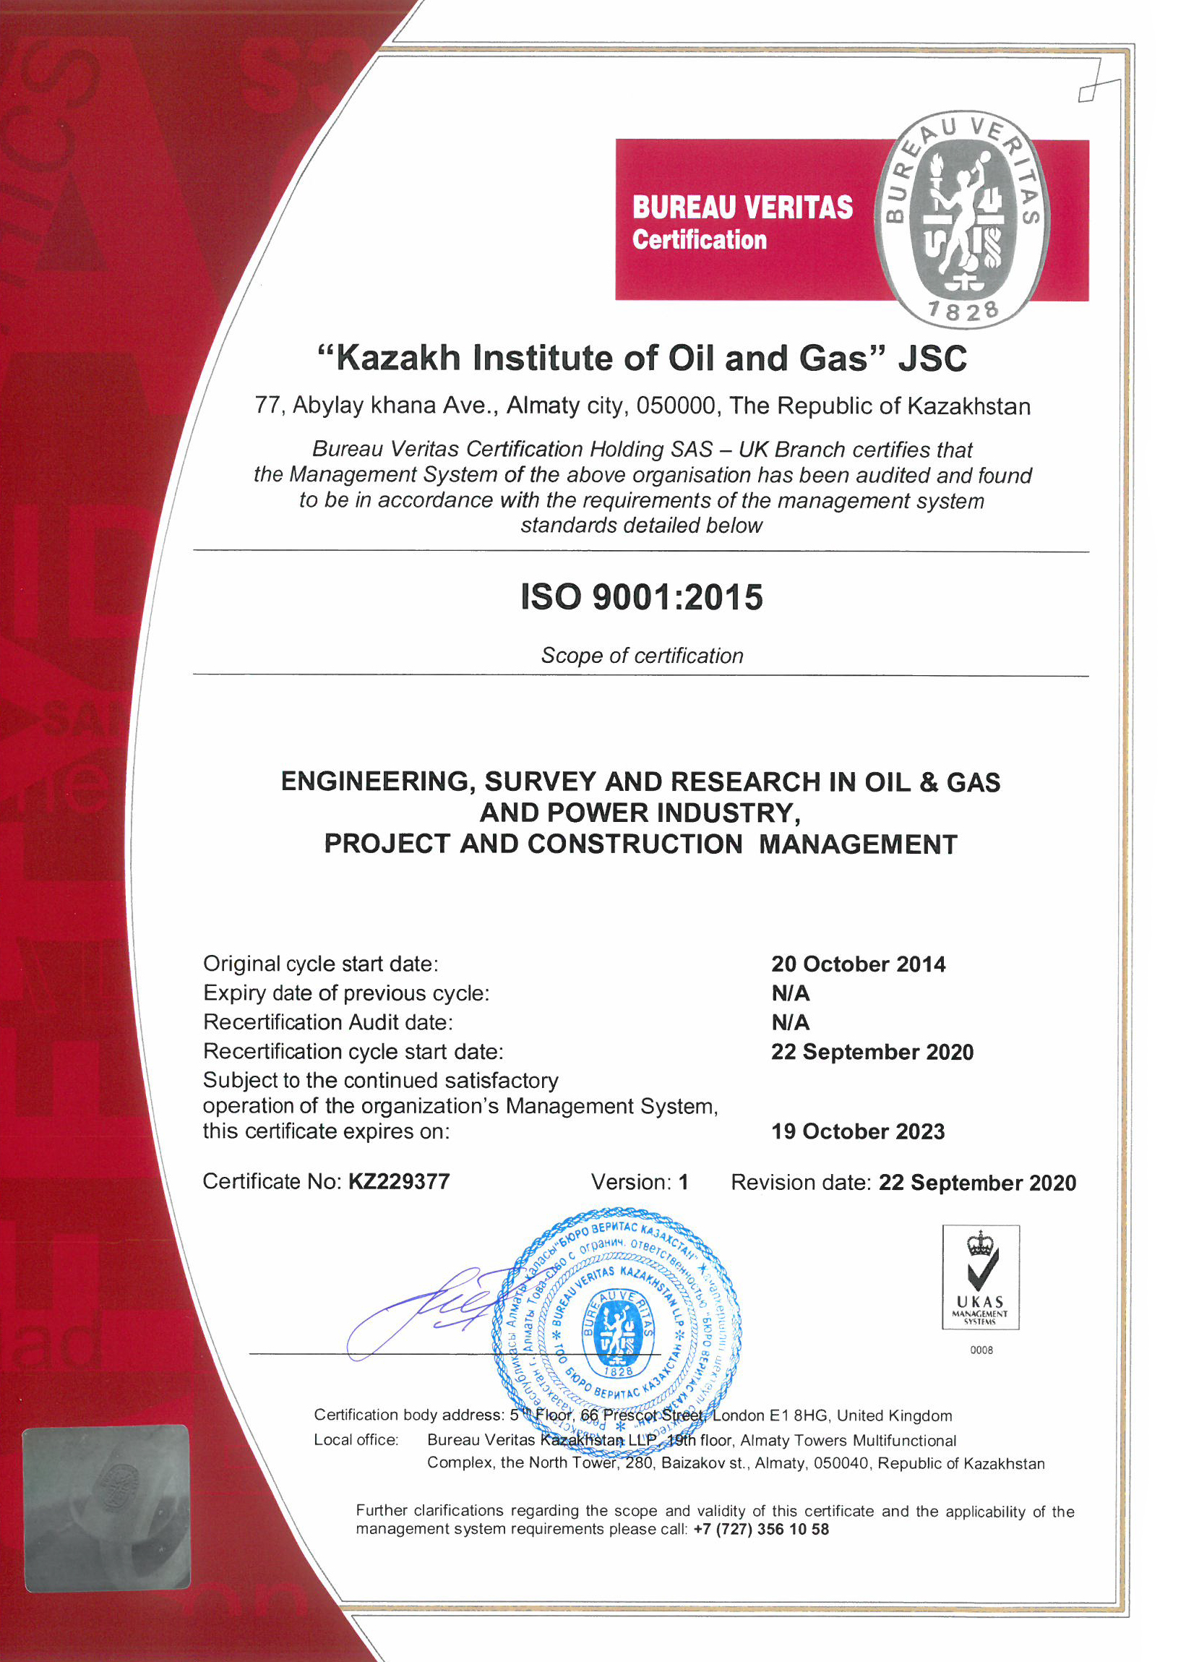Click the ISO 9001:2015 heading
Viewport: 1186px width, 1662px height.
(x=641, y=597)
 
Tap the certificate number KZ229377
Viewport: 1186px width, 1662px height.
(x=399, y=1181)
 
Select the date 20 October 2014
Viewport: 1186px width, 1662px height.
(x=858, y=964)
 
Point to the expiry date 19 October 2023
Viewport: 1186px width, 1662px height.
(x=858, y=1131)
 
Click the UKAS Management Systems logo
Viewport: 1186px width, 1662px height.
(x=980, y=1277)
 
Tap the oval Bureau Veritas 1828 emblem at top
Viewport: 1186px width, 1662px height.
(x=963, y=219)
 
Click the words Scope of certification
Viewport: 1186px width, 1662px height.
(x=642, y=655)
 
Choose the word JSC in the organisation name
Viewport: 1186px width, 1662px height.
(x=932, y=359)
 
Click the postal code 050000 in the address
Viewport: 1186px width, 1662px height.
(x=676, y=406)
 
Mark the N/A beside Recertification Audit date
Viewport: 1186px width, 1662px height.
(x=790, y=1023)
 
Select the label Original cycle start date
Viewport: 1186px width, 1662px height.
(x=321, y=964)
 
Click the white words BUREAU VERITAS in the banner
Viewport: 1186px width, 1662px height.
(x=742, y=207)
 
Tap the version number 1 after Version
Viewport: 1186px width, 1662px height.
(x=684, y=1182)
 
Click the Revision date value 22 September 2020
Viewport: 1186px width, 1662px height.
(x=976, y=1183)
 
